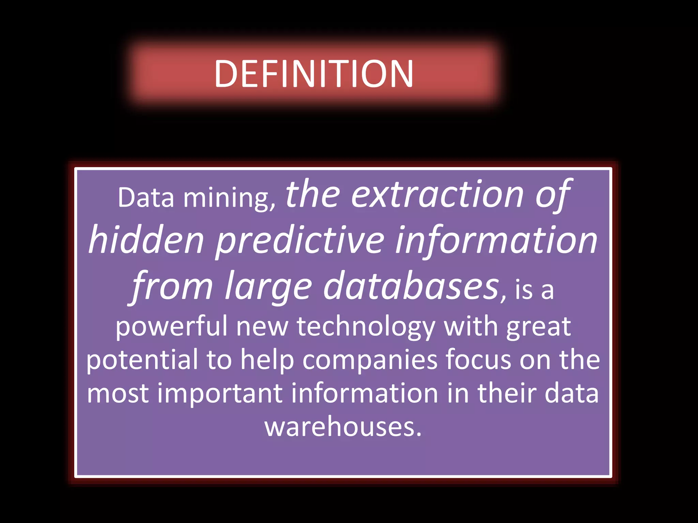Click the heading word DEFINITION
click(314, 74)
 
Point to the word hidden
click(146, 240)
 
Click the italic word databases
click(411, 286)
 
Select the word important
click(220, 394)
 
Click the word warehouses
click(343, 427)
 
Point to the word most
click(118, 394)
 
